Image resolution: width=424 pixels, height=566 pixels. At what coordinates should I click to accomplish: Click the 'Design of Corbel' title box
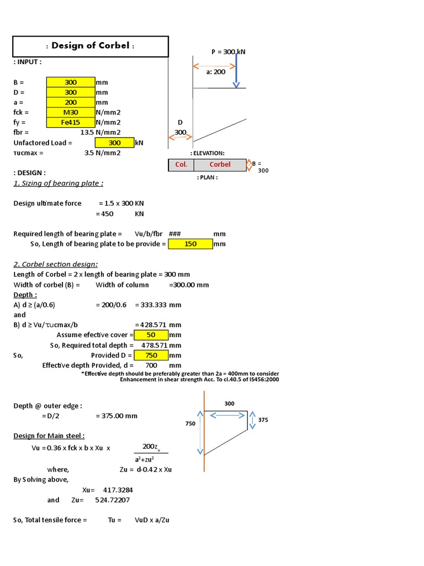click(x=91, y=46)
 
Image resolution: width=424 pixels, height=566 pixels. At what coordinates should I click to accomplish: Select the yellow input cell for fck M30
click(x=71, y=112)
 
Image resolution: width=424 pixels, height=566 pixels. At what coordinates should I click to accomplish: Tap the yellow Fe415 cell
click(x=71, y=122)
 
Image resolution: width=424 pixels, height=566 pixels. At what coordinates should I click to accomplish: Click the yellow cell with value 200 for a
click(x=71, y=102)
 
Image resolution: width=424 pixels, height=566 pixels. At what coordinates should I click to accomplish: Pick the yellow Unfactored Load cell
click(x=114, y=143)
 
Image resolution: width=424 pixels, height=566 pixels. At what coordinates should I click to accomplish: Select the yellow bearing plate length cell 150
click(x=190, y=244)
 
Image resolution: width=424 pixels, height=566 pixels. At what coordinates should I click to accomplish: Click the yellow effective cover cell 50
click(x=151, y=335)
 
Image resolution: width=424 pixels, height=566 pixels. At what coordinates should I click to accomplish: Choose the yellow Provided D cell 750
click(x=151, y=355)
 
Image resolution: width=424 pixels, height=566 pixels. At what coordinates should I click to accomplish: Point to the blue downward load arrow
click(x=236, y=69)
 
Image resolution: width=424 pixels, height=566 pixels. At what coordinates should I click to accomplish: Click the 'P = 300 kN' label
click(x=229, y=52)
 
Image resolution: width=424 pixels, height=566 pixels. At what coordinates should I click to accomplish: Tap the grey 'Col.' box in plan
click(x=181, y=165)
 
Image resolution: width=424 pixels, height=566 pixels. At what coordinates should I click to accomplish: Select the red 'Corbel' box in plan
click(x=220, y=165)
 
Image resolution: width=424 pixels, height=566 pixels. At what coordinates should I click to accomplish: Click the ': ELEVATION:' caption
click(x=207, y=153)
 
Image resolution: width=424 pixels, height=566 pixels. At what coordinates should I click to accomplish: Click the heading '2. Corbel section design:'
click(x=56, y=264)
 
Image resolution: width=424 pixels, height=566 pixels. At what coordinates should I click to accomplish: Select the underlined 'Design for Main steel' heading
click(x=49, y=436)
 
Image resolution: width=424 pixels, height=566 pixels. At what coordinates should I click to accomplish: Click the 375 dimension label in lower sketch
click(x=263, y=420)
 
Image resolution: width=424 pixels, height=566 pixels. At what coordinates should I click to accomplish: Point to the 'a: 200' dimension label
click(x=216, y=72)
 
